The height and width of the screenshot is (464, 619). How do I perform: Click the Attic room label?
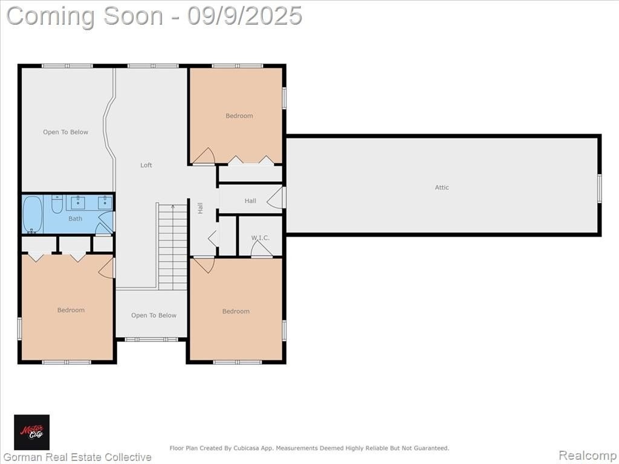point(442,187)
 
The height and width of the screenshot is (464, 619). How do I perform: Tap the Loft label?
point(146,165)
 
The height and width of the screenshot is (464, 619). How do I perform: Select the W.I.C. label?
point(260,238)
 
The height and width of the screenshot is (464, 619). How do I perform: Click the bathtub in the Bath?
point(33,214)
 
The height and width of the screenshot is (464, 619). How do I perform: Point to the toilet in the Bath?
point(57,204)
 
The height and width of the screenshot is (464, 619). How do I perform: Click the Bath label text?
point(75,218)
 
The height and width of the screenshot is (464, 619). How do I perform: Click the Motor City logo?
point(32,432)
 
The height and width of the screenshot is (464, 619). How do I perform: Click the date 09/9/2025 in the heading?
point(244,16)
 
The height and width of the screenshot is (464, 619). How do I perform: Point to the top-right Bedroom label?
point(239,115)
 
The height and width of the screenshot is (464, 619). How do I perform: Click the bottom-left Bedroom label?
point(71,310)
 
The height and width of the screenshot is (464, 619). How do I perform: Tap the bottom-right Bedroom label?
point(236,311)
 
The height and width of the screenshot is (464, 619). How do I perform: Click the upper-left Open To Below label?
point(65,132)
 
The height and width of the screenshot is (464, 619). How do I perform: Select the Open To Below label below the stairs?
point(154,315)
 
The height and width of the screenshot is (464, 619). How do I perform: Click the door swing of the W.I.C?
point(261,248)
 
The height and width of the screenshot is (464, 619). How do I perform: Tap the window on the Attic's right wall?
point(599,188)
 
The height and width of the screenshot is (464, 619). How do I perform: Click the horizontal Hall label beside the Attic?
point(250,201)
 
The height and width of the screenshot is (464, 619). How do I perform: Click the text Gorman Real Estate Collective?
point(77,457)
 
